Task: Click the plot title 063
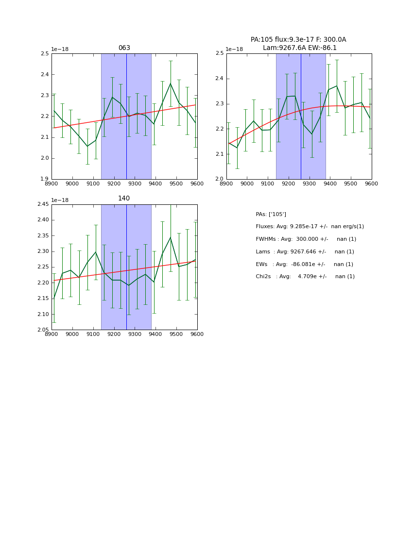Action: pos(124,48)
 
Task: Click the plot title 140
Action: pos(124,199)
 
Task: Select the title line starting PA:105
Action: pos(298,40)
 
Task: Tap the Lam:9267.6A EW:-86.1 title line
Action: pos(299,48)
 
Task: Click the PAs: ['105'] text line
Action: pos(271,214)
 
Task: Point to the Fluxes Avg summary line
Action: pos(310,227)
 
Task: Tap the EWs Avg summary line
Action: pos(304,265)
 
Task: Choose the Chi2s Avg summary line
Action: pos(305,277)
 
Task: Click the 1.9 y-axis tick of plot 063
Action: pos(44,179)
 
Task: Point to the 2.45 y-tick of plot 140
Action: pos(43,204)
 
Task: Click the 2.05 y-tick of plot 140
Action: pos(43,330)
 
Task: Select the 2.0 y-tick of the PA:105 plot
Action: pos(219,179)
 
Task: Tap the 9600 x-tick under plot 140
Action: pos(197,334)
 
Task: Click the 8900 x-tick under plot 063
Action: pos(52,184)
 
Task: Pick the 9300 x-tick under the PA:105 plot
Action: pos(309,184)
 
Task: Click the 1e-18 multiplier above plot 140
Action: pos(60,200)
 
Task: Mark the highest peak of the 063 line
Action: pos(171,83)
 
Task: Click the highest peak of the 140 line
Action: pos(171,237)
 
